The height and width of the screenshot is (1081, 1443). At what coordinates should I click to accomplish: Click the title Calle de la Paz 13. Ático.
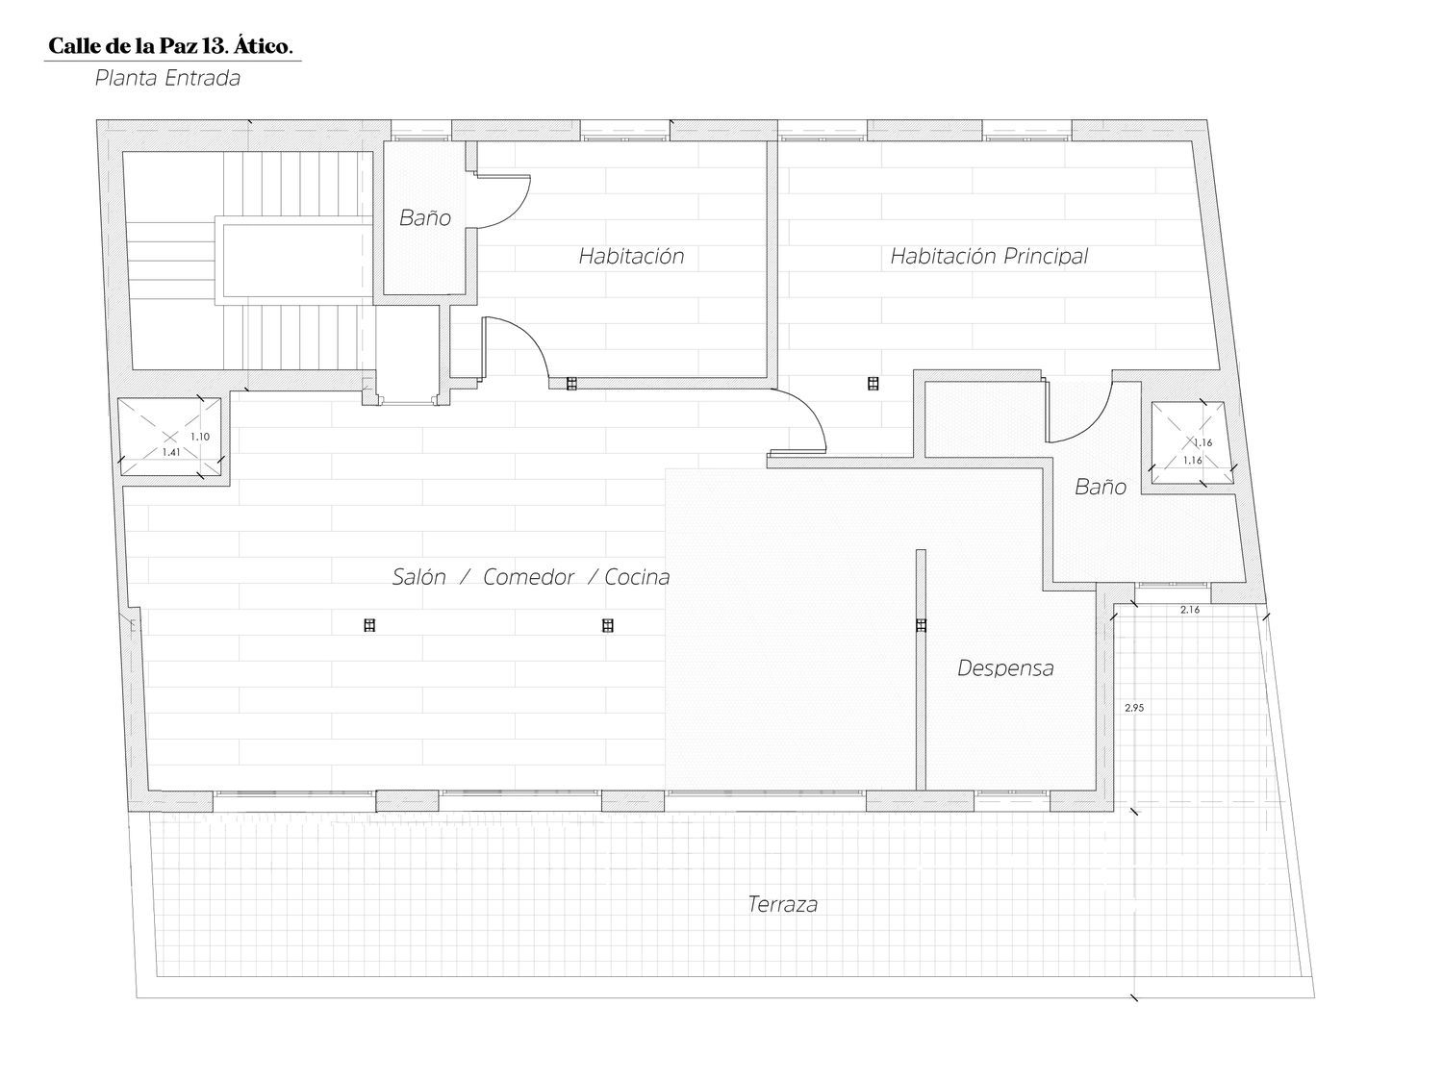170,46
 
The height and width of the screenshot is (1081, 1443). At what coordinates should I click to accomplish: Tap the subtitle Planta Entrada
167,78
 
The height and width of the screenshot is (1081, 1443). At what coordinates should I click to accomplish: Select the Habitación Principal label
989,256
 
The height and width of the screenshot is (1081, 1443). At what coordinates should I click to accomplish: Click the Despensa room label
1005,667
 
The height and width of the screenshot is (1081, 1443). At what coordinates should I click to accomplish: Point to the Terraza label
782,904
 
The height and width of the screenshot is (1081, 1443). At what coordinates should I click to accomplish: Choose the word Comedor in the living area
528,577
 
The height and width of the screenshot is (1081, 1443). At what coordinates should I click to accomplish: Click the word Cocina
637,577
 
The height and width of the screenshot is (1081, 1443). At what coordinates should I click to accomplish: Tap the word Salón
418,576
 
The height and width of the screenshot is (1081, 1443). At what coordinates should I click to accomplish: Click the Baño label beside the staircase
424,217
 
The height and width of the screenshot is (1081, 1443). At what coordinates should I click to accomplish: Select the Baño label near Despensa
1101,487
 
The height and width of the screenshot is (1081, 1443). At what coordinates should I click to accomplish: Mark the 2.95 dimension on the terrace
1134,708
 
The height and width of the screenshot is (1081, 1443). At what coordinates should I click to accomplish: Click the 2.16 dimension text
1190,609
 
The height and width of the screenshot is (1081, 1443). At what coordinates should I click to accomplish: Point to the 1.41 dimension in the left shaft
171,452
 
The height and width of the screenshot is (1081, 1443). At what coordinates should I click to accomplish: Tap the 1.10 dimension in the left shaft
200,437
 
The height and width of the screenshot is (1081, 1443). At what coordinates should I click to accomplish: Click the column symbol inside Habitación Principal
873,383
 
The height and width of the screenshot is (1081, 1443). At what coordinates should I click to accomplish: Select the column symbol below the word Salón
369,625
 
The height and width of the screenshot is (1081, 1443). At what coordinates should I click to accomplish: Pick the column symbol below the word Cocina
607,625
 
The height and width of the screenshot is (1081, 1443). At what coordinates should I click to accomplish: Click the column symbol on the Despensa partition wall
921,625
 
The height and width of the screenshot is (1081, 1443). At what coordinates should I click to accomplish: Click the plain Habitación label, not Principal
631,256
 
